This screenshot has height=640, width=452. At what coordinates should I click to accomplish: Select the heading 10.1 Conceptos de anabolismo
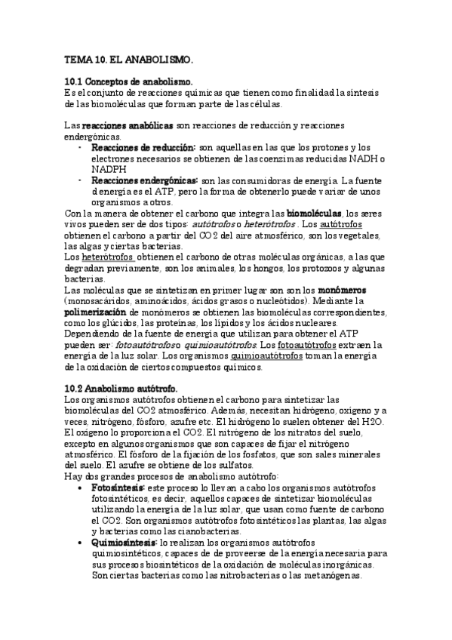pyautogui.click(x=129, y=81)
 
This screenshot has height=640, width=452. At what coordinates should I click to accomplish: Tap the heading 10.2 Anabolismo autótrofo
pyautogui.click(x=121, y=388)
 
